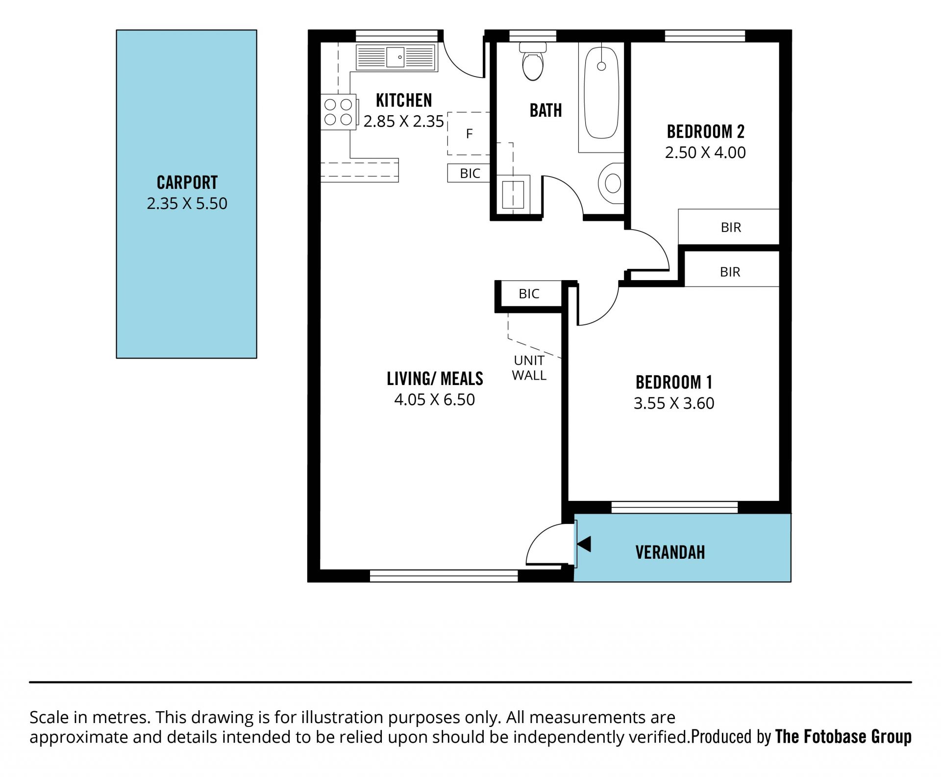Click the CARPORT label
[x=187, y=182]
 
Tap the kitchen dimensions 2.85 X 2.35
[x=403, y=121]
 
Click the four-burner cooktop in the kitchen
[x=339, y=112]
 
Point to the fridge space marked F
[x=469, y=133]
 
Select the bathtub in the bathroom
[x=601, y=93]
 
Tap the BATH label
[x=545, y=110]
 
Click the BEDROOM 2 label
[x=706, y=131]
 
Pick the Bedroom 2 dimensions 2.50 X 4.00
[x=705, y=153]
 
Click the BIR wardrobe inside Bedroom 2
[x=729, y=227]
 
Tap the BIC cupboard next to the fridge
[x=469, y=173]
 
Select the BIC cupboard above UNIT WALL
[x=529, y=294]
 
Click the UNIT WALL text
[x=529, y=368]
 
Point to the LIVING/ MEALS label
[x=435, y=379]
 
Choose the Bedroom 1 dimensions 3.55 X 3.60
[x=674, y=403]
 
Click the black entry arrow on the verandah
[x=584, y=544]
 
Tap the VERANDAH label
[x=670, y=552]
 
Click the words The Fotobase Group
[x=843, y=737]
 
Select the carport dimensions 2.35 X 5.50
[x=187, y=204]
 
